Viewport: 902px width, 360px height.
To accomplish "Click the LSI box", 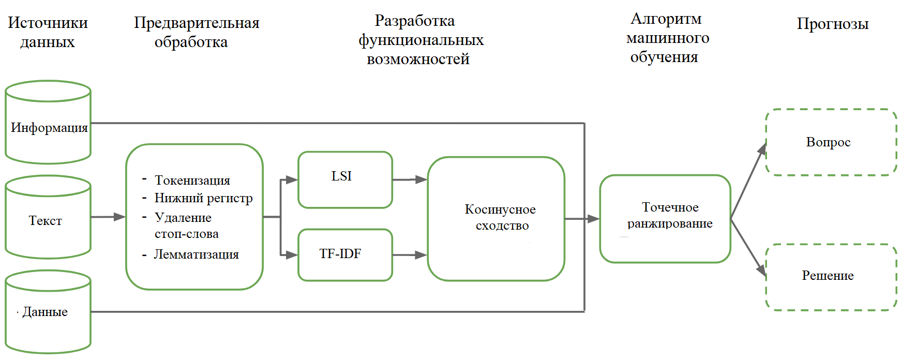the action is pos(345,179).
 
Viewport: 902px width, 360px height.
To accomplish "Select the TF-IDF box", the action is pos(345,255).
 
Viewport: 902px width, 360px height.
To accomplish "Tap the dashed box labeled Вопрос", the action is pos(831,142).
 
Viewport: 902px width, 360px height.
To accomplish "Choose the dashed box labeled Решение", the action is pos(831,277).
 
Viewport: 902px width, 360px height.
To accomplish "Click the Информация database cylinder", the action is pos(48,122).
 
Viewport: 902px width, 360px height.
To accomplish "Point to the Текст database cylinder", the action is pos(48,217).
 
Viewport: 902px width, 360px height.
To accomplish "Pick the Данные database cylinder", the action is pos(48,312).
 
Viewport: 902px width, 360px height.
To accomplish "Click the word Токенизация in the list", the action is pos(192,181).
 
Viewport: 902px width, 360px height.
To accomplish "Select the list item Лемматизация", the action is pos(197,254).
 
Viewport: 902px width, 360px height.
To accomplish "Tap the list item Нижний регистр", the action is pos(204,198).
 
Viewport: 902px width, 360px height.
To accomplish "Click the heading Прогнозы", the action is pos(833,24).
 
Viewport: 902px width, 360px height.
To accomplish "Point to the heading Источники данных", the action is pos(48,32).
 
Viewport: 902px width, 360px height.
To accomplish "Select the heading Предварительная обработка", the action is pos(197,32).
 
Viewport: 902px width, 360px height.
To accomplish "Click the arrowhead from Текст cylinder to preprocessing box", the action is pos(119,217).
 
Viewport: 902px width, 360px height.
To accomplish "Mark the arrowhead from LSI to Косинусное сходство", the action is pos(422,179).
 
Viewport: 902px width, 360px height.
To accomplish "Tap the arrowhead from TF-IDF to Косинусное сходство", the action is pos(422,255).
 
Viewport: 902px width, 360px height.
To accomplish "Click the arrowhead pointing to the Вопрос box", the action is pos(762,149).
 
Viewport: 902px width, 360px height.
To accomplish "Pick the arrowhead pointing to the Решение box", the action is pos(762,270).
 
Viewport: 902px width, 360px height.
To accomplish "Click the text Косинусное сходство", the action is pos(501,217).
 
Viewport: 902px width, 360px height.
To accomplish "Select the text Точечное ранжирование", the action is pos(670,215).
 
